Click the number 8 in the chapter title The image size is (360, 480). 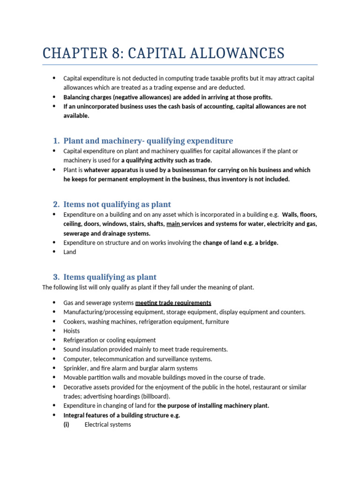(117, 53)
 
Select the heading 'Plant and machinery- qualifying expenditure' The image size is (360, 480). (148, 141)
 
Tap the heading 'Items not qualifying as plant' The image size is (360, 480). (117, 204)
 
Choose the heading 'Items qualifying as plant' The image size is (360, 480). (110, 277)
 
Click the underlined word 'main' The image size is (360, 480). (173, 224)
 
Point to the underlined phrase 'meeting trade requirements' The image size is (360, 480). (173, 303)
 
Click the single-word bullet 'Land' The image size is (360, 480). (70, 252)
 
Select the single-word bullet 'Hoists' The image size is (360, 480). (72, 331)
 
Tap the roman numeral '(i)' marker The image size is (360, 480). (67, 425)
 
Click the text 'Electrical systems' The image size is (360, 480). (108, 425)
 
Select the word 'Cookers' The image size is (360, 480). (75, 322)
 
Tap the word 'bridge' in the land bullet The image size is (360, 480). (269, 242)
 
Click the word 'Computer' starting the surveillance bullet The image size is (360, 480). (77, 359)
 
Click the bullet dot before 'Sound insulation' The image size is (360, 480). (54, 349)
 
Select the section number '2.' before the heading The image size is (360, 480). (56, 204)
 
